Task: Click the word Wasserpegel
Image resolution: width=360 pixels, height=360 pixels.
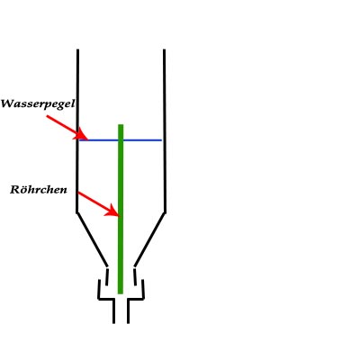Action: tap(38, 104)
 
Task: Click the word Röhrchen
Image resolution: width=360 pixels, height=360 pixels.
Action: tap(39, 190)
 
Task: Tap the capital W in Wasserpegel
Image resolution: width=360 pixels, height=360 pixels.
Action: tap(7, 103)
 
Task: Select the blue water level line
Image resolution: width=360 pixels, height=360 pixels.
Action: tap(121, 140)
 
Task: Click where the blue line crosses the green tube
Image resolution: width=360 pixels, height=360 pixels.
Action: tap(121, 140)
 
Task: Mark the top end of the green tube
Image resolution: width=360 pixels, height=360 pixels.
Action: tap(121, 124)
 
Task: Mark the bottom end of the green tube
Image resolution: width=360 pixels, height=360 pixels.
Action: tap(121, 293)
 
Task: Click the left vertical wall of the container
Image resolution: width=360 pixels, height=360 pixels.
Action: tap(77, 131)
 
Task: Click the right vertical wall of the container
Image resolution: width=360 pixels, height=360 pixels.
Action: tap(165, 131)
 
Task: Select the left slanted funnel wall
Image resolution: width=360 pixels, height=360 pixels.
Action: tap(92, 239)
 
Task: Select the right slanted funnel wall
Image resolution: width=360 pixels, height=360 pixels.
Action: tap(149, 239)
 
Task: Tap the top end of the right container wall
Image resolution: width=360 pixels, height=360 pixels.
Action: tap(164, 49)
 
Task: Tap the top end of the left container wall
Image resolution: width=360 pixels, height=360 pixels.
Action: tap(77, 49)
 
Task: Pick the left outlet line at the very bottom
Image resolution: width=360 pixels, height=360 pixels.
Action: tap(113, 311)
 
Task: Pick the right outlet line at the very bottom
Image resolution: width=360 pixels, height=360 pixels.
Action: tap(128, 311)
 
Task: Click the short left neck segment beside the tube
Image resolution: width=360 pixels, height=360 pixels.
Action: tap(107, 277)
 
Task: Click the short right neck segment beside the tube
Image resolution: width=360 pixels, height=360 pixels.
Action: tap(135, 277)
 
